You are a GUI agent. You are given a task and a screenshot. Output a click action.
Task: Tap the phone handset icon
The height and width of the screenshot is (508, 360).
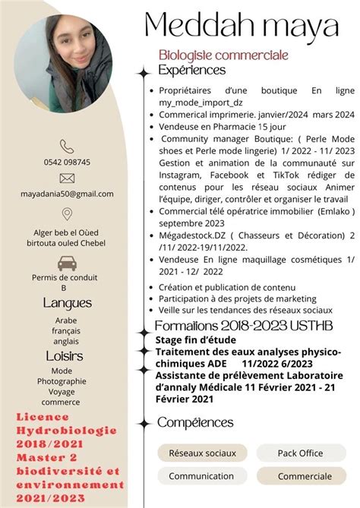pos(67,147)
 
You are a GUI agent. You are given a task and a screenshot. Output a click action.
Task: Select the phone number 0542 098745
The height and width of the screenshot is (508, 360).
pos(67,162)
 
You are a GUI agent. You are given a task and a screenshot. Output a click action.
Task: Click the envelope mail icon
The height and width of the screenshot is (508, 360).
pos(67,178)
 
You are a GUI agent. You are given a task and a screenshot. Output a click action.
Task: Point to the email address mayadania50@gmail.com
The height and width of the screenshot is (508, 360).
pos(67,194)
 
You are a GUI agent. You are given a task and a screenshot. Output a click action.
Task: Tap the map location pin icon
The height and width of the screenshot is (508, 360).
pos(67,214)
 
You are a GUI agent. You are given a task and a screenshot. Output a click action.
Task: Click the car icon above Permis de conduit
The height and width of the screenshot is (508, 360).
pos(67,263)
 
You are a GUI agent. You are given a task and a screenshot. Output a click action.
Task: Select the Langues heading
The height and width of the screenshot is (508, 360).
pos(67,303)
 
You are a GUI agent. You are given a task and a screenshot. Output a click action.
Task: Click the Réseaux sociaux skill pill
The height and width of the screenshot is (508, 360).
pos(202,453)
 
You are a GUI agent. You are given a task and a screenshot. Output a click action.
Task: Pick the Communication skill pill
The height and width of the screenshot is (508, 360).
pos(201,476)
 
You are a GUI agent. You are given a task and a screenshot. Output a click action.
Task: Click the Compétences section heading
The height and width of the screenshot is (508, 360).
pos(195,422)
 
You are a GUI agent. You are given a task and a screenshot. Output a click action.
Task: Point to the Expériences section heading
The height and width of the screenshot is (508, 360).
pos(191,70)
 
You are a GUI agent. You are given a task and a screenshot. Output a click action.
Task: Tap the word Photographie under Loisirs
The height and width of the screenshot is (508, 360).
pos(67,381)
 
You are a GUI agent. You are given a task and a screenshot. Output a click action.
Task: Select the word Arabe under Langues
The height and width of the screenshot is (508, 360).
pos(67,320)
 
